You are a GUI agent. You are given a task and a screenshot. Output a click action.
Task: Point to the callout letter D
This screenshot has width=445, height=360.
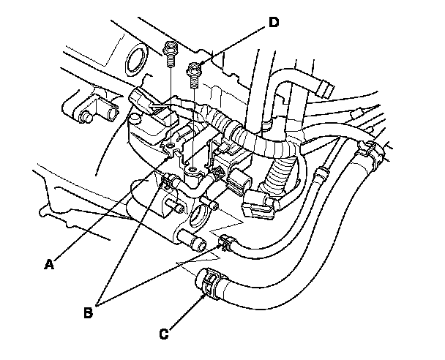coord(273,22)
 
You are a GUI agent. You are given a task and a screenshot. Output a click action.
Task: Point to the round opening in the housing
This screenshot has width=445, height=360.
coord(197,217)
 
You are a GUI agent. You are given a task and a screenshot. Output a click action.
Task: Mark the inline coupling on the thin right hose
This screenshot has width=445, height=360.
coord(319,176)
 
